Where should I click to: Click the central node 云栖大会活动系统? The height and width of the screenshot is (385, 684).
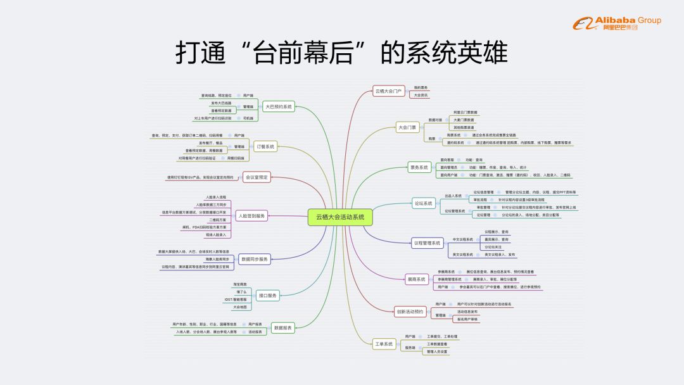pyautogui.click(x=339, y=217)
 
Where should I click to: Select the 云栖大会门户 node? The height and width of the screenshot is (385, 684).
pyautogui.click(x=388, y=91)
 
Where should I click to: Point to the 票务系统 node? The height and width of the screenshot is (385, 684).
pyautogui.click(x=419, y=167)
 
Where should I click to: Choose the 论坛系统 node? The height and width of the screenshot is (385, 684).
pyautogui.click(x=422, y=203)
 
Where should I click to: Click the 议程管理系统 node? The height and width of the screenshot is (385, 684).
pyautogui.click(x=427, y=243)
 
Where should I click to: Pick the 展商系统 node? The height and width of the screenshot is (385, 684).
pyautogui.click(x=416, y=279)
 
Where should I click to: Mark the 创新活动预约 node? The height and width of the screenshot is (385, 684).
pyautogui.click(x=410, y=312)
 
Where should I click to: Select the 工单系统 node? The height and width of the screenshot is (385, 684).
pyautogui.click(x=384, y=344)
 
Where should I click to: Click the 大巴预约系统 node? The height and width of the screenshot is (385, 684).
pyautogui.click(x=279, y=106)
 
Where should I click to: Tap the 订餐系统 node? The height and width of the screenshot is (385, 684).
pyautogui.click(x=265, y=146)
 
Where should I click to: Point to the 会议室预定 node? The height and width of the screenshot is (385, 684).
pyautogui.click(x=256, y=177)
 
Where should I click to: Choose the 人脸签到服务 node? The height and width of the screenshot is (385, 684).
pyautogui.click(x=252, y=215)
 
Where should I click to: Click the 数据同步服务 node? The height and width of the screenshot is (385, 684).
pyautogui.click(x=255, y=259)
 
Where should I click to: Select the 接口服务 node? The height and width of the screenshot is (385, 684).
pyautogui.click(x=268, y=295)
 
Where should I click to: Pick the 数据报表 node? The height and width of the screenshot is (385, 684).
pyautogui.click(x=282, y=327)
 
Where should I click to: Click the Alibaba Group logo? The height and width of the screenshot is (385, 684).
pyautogui.click(x=617, y=24)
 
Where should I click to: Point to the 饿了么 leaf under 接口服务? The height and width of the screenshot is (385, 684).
pyautogui.click(x=241, y=292)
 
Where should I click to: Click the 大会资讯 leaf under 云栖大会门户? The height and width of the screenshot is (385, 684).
pyautogui.click(x=421, y=95)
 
